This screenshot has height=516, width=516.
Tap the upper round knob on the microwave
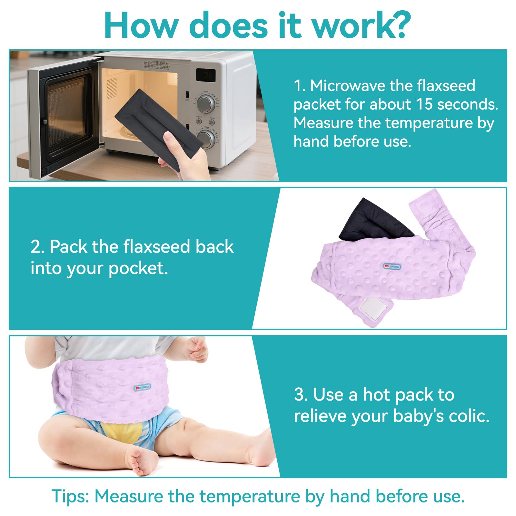pos(206,104)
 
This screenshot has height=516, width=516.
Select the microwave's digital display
pos(206,75)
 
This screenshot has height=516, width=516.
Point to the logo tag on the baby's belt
pos(142,387)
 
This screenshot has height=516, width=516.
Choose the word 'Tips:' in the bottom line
pos(70,496)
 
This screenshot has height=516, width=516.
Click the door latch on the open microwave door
pos(45,122)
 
